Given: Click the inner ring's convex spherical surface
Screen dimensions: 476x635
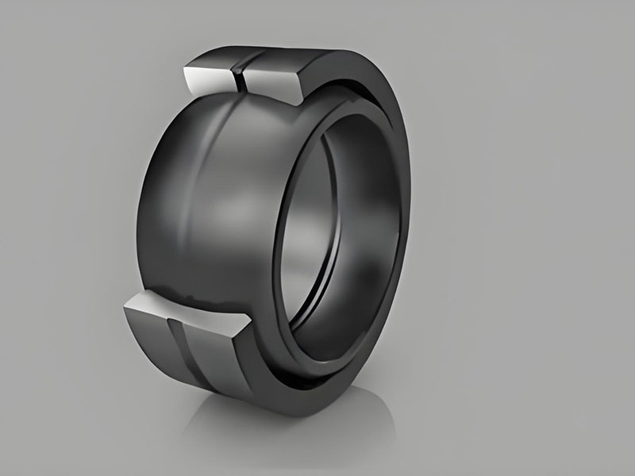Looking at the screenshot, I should tap(206, 206).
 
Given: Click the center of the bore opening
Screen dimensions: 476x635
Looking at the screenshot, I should tap(349, 230).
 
